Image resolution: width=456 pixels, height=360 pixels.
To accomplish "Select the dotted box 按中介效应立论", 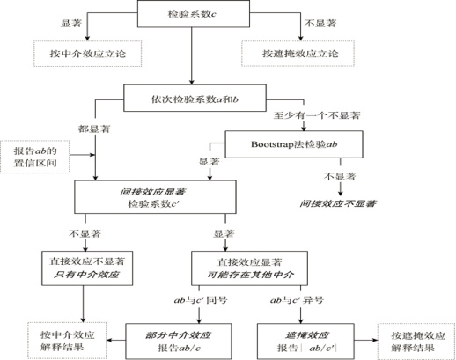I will (84, 54).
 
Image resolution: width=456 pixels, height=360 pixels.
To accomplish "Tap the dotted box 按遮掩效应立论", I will (292, 54).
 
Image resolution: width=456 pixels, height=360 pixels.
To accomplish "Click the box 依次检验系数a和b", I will (190, 97).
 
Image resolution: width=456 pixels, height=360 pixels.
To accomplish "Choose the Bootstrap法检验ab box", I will (283, 142).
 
